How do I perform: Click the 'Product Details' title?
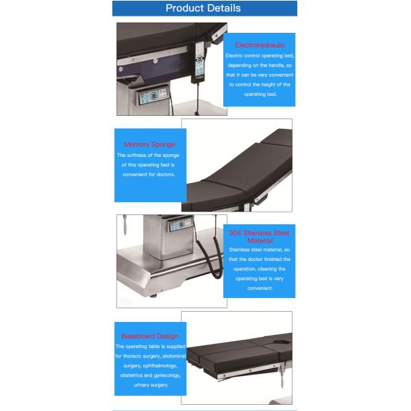tap(203, 8)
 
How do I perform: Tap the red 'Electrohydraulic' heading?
tap(260, 45)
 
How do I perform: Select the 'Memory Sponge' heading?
tap(149, 145)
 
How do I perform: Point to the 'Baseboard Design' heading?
tap(149, 336)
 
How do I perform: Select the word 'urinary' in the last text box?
tap(128, 385)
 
